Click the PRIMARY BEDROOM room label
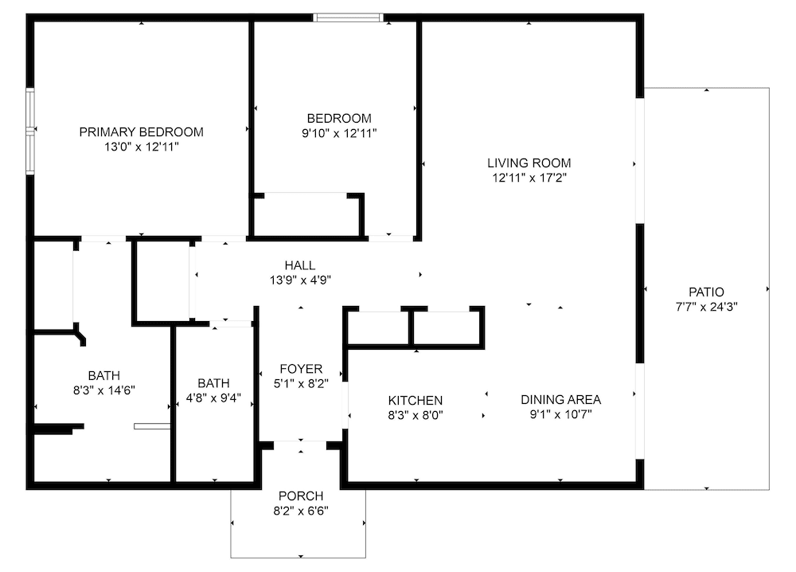pyautogui.click(x=141, y=132)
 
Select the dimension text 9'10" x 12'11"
pyautogui.click(x=339, y=134)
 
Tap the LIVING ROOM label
pyautogui.click(x=529, y=163)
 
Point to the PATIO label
pyautogui.click(x=706, y=292)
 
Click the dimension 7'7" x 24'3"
pyautogui.click(x=706, y=307)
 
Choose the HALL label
pyautogui.click(x=300, y=265)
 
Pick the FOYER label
pyautogui.click(x=301, y=369)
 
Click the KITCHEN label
pyautogui.click(x=416, y=400)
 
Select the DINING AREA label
pyautogui.click(x=561, y=400)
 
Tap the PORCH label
pyautogui.click(x=301, y=496)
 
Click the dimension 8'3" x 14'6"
pyautogui.click(x=104, y=390)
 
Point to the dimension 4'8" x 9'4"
pyautogui.click(x=213, y=398)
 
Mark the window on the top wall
pyautogui.click(x=349, y=18)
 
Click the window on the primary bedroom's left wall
pyautogui.click(x=30, y=131)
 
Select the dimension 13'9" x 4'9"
pyautogui.click(x=301, y=280)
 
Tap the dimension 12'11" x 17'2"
pyautogui.click(x=529, y=178)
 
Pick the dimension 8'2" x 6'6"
pyautogui.click(x=301, y=511)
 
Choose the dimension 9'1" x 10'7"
pyautogui.click(x=561, y=414)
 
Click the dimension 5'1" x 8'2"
pyautogui.click(x=301, y=383)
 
